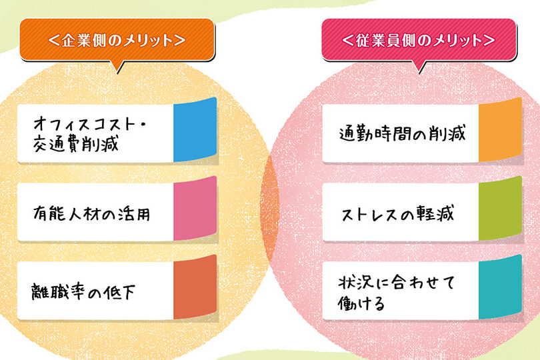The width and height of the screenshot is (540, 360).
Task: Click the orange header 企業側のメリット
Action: (x=117, y=40)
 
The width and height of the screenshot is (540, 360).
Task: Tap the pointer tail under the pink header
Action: (x=421, y=66)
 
